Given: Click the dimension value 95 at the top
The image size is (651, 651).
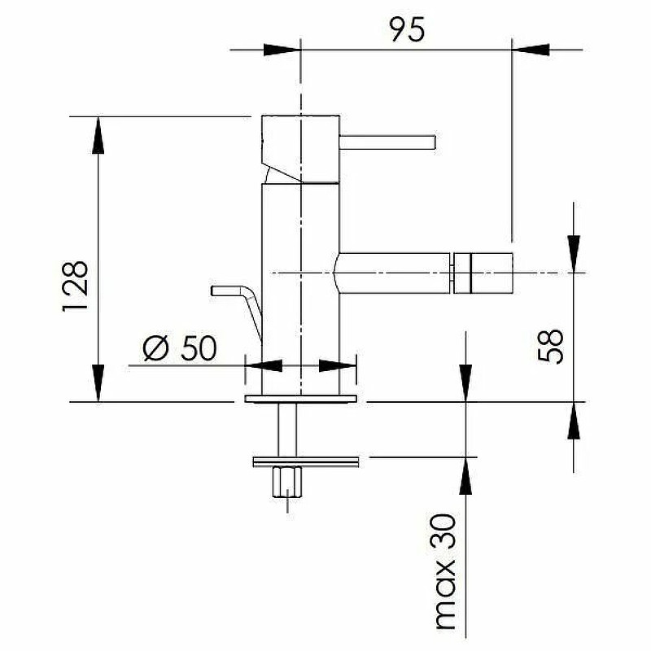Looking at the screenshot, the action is click(408, 29).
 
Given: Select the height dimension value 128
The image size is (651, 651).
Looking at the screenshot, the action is click(76, 286).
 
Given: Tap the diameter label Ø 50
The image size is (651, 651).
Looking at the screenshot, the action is click(180, 348).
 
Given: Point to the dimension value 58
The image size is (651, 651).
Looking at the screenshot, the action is click(550, 347).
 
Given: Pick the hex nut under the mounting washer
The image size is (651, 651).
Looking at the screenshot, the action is click(287, 482).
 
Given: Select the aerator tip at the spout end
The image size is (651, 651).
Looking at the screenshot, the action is click(483, 273).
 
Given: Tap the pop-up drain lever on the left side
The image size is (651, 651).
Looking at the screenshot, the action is click(237, 308).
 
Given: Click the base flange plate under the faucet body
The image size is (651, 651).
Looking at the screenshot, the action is click(300, 399).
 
